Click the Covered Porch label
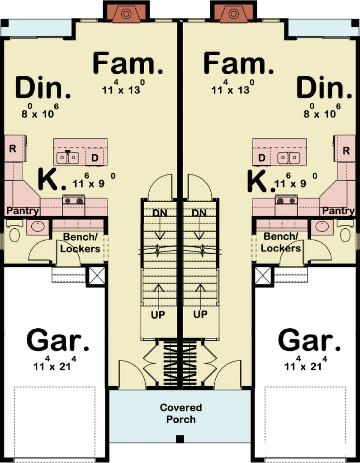180,413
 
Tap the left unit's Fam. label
128,64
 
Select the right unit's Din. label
324,88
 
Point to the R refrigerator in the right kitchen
346,151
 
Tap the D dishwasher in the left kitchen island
95,158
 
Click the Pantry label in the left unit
22,211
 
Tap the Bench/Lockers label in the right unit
281,242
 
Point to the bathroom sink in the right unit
324,227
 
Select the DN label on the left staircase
159,213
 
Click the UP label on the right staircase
200,314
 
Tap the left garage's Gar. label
58,340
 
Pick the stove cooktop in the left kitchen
74,200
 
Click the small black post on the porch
180,438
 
